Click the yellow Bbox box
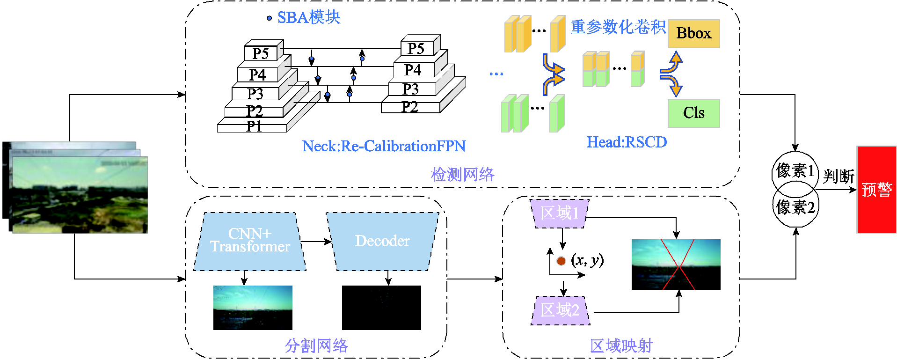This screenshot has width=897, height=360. click(693, 34)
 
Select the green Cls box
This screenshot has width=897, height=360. click(693, 113)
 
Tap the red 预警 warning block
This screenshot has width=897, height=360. click(876, 190)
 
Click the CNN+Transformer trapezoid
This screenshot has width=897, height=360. click(249, 242)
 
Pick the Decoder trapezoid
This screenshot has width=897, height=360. click(382, 242)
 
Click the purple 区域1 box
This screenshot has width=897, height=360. click(559, 214)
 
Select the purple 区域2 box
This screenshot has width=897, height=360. click(560, 310)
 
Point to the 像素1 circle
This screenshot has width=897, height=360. click(795, 169)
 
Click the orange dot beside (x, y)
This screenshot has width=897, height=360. click(561, 261)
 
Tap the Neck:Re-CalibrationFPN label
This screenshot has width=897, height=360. click(384, 147)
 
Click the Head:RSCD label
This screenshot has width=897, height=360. click(627, 142)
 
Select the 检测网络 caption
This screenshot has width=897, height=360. click(462, 175)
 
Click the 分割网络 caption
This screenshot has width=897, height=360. click(316, 346)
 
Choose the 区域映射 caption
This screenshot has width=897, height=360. click(621, 346)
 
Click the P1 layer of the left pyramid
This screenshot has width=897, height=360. click(253, 127)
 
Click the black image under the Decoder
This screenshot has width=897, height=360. click(381, 308)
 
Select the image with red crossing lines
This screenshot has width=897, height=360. click(676, 264)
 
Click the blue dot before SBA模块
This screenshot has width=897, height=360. click(269, 18)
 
